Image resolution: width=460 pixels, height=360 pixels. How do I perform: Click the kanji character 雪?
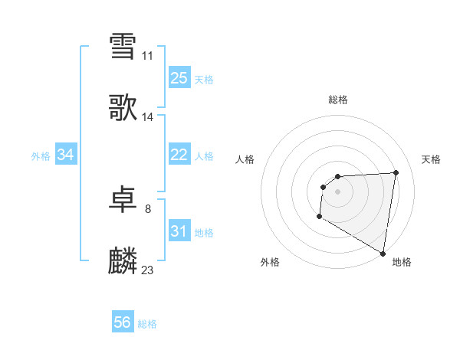123,46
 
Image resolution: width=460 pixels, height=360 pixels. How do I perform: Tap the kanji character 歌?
123,108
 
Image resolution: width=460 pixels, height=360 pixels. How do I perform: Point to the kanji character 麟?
123,261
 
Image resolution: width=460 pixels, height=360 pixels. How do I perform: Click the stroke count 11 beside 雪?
148,56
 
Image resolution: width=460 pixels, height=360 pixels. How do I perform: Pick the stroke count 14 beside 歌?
148,117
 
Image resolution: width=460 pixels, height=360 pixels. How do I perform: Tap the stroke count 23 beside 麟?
148,270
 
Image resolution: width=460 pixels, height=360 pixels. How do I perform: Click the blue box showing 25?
179,77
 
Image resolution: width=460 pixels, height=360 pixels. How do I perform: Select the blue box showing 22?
179,155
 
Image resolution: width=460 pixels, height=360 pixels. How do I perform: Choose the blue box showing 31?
179,231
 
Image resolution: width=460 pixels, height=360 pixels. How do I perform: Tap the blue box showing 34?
66,155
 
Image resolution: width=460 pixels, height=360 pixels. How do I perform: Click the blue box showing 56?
123,322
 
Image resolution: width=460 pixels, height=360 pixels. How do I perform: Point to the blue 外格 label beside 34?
41,156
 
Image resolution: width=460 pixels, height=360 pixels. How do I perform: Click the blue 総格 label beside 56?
147,324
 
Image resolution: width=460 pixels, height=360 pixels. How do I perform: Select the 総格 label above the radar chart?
338,100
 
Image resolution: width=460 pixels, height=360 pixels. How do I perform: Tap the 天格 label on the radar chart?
432,159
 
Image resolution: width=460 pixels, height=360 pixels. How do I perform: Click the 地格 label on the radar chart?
402,262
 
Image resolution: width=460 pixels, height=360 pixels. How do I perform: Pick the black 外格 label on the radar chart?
270,262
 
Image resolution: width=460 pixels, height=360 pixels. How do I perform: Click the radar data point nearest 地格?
383,254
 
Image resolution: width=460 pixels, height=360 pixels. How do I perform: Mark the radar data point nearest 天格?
396,172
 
